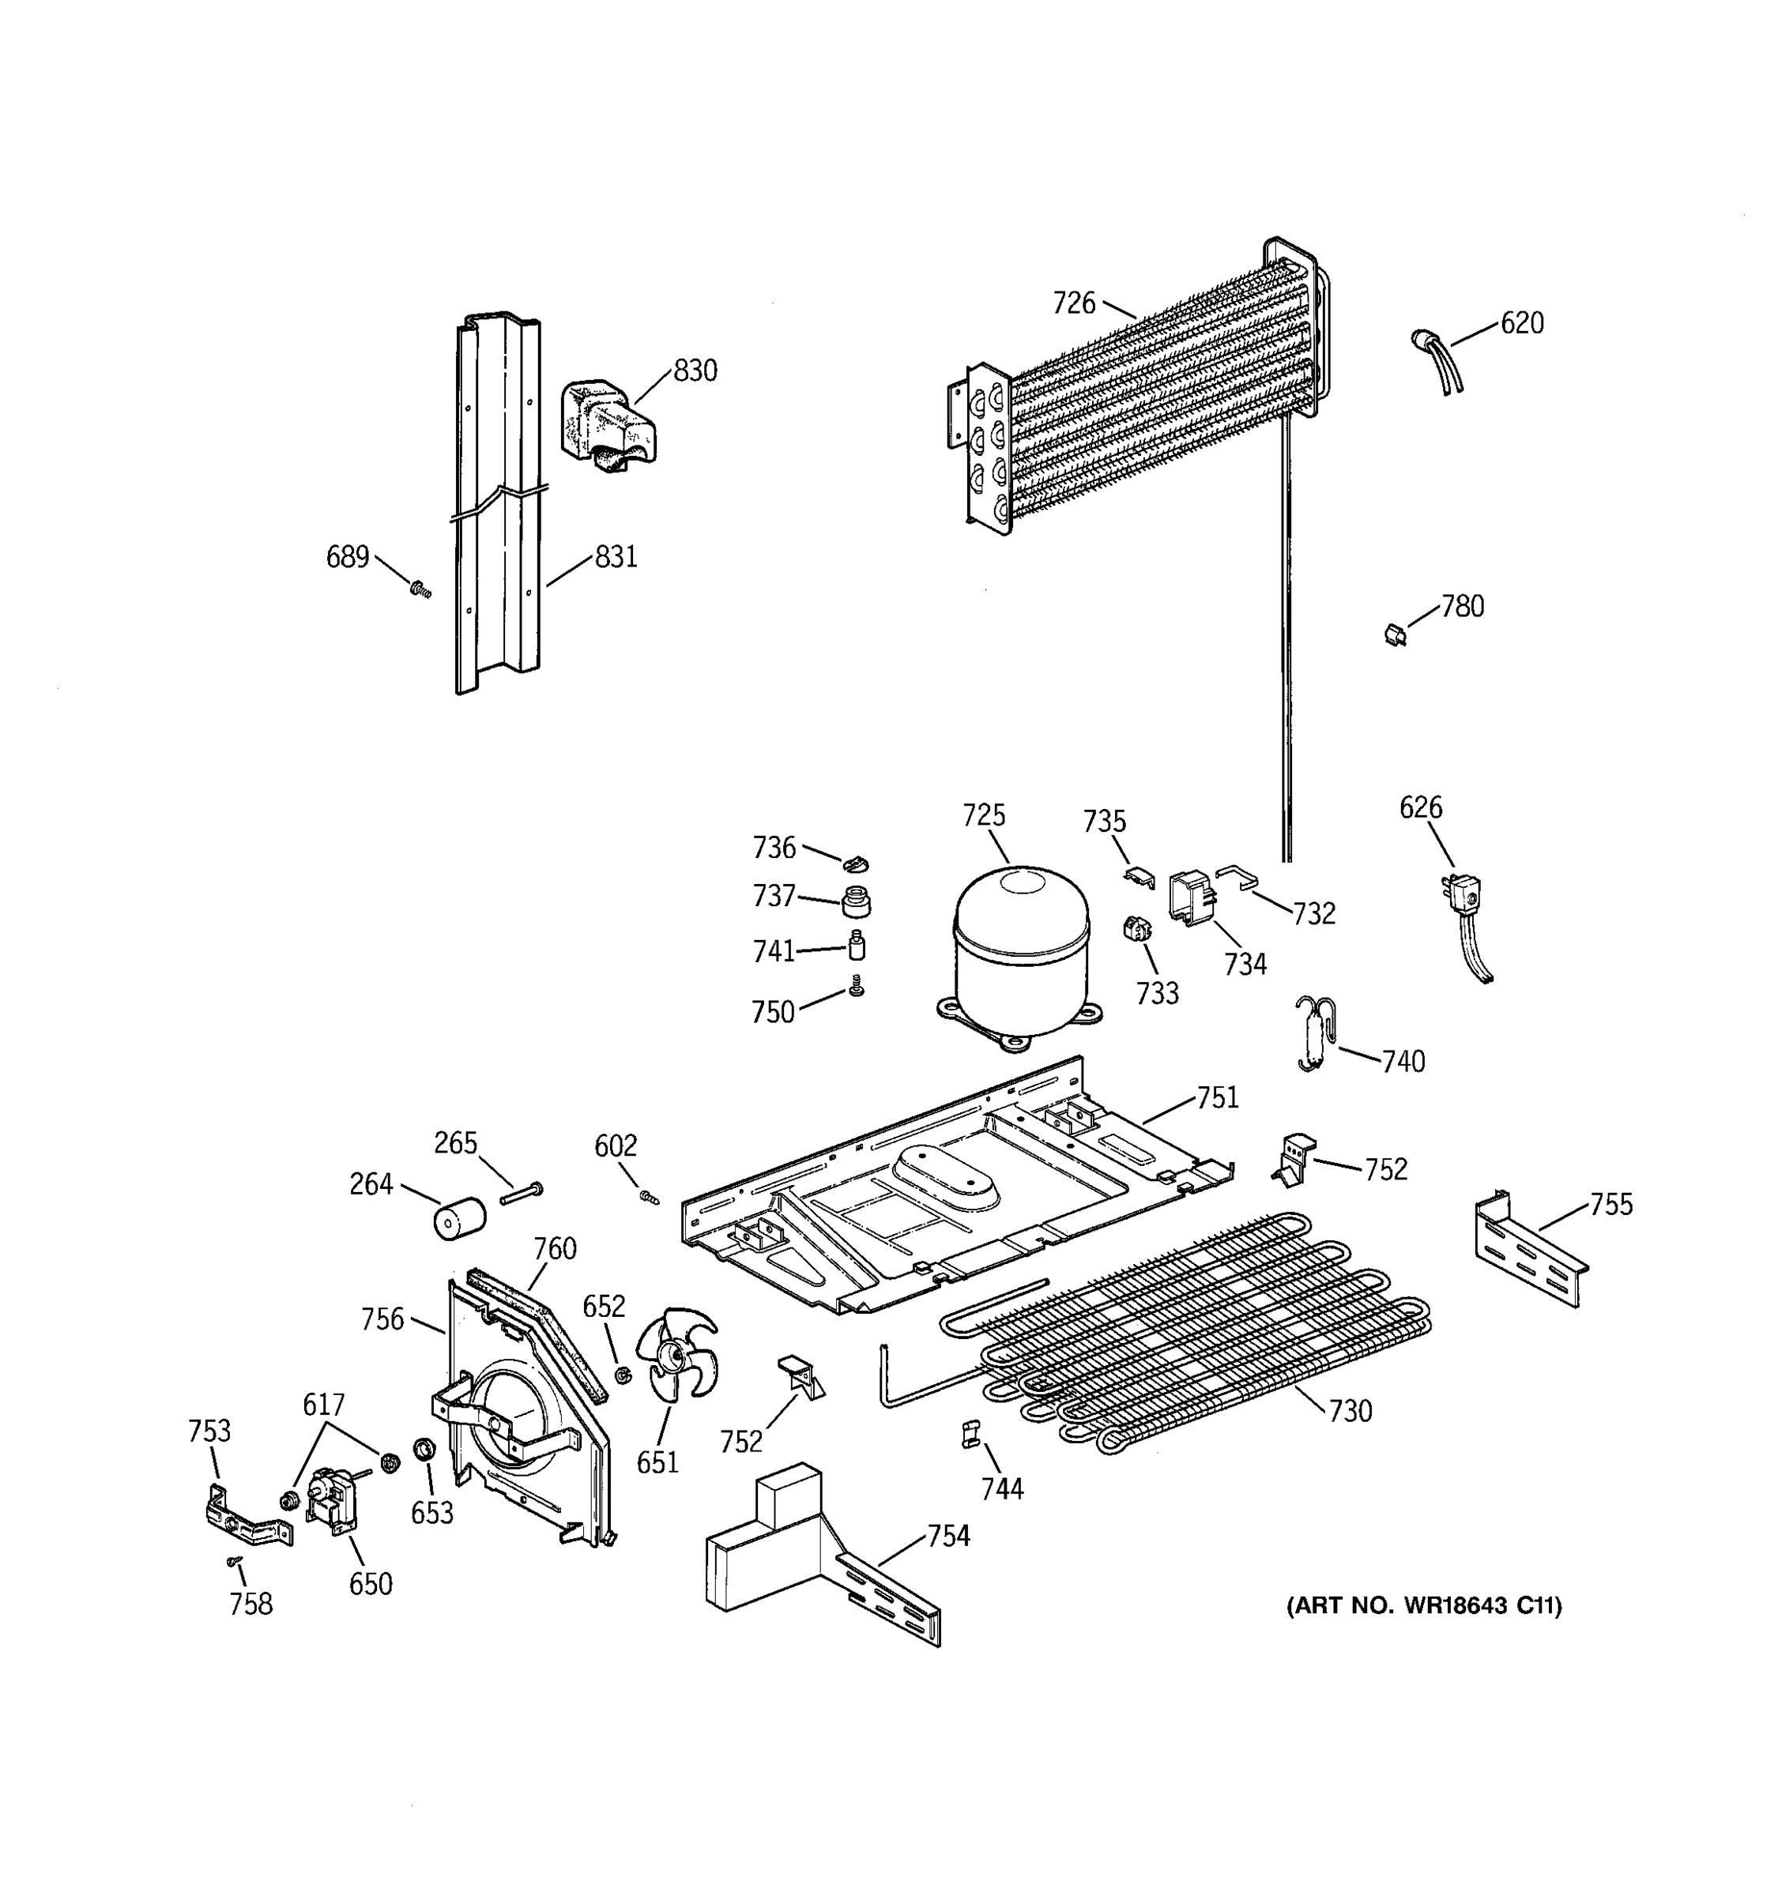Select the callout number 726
coord(1073,303)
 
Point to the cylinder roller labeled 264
coord(460,1220)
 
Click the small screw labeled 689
coord(420,590)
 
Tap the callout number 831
coord(616,557)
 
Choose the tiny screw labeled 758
coord(234,1561)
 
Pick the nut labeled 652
coord(622,1375)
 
